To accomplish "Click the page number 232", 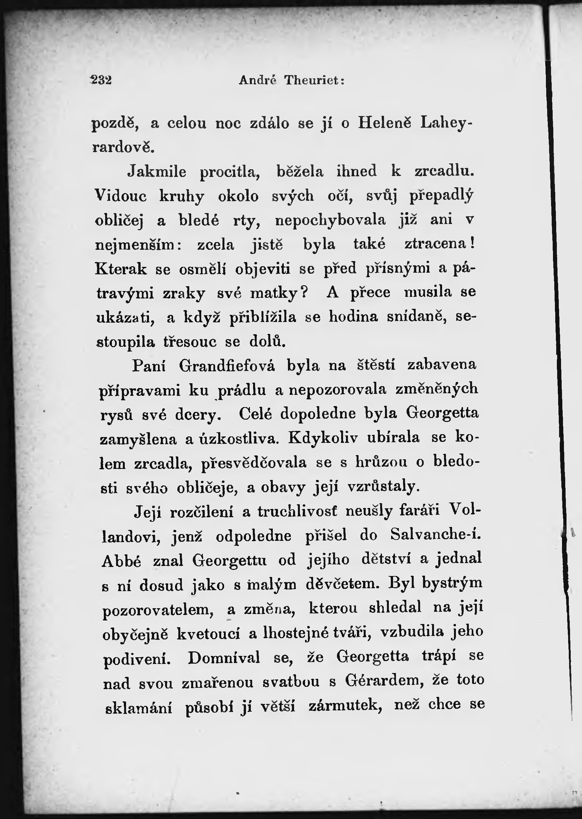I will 102,80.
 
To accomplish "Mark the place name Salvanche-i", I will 435,535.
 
